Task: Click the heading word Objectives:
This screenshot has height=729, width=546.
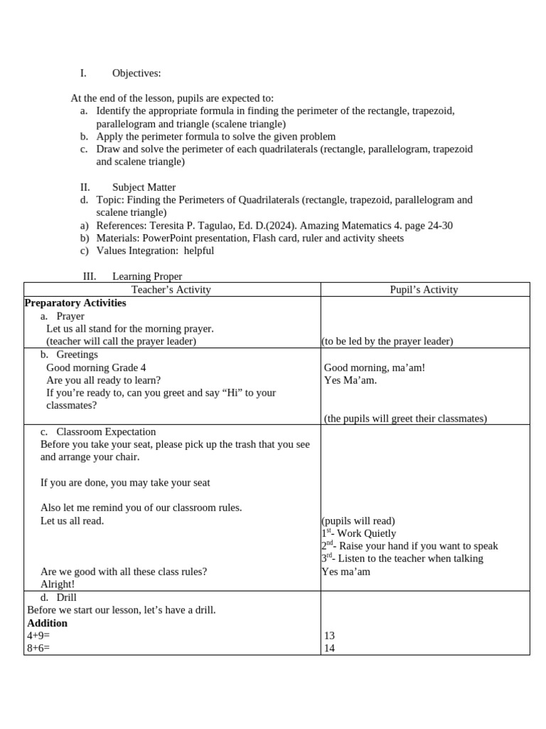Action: pyautogui.click(x=136, y=73)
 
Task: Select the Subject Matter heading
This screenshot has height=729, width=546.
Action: pyautogui.click(x=144, y=187)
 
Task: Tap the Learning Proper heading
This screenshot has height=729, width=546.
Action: pyautogui.click(x=146, y=276)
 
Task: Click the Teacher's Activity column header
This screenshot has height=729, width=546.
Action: pyautogui.click(x=171, y=290)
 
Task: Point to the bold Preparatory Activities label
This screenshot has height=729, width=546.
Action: pyautogui.click(x=75, y=303)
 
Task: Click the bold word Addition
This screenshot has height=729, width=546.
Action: pyautogui.click(x=47, y=623)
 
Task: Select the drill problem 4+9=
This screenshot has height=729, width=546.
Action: pyautogui.click(x=38, y=636)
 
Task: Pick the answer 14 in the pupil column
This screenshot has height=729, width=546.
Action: pyautogui.click(x=329, y=649)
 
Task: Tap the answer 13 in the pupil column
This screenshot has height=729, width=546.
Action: pyautogui.click(x=329, y=636)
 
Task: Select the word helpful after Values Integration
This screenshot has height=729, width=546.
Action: pyautogui.click(x=198, y=251)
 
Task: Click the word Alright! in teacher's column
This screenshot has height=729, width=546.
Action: pyautogui.click(x=58, y=584)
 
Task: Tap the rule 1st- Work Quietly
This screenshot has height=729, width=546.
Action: pyautogui.click(x=359, y=533)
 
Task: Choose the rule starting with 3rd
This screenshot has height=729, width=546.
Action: pyautogui.click(x=402, y=559)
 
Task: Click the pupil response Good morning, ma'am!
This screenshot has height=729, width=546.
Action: pyautogui.click(x=375, y=368)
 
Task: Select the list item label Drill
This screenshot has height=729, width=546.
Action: pyautogui.click(x=66, y=597)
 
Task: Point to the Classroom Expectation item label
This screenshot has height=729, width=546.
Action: pyautogui.click(x=106, y=432)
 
